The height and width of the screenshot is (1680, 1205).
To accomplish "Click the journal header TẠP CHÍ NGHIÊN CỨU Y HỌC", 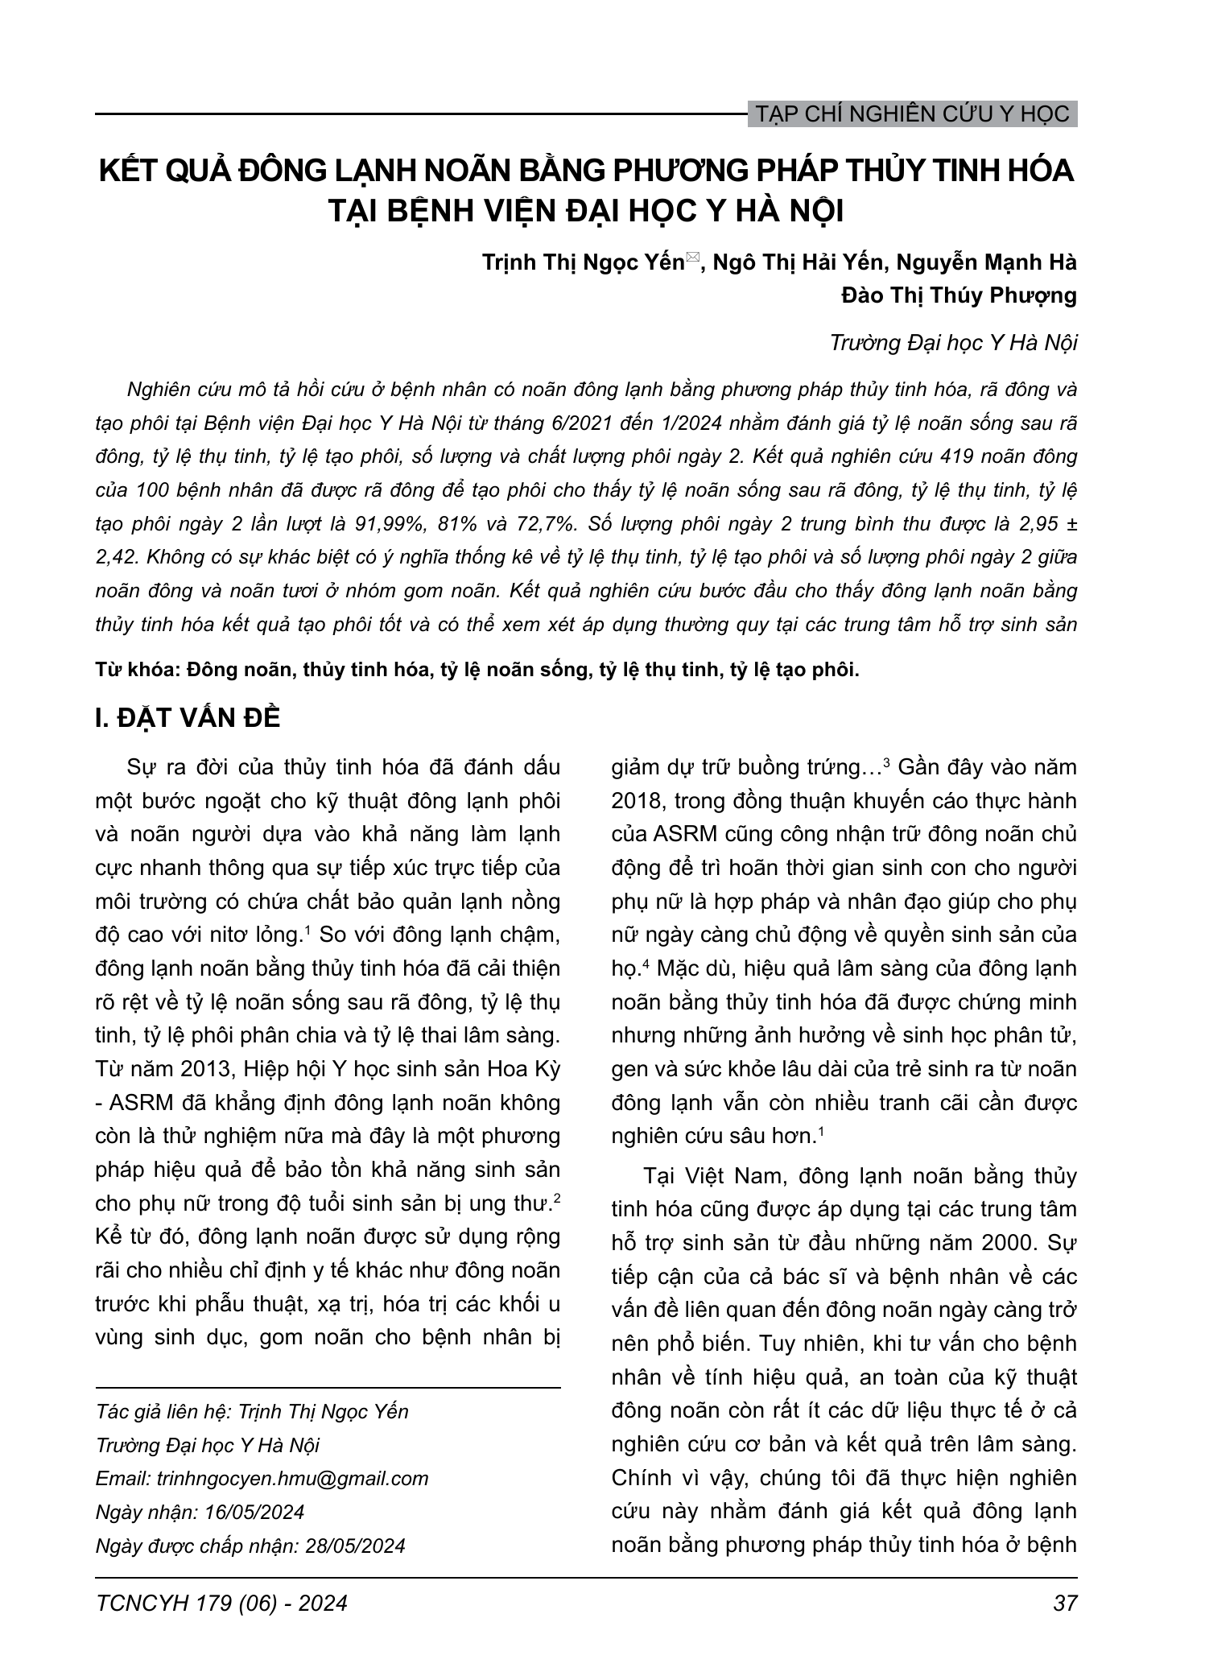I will [x=912, y=114].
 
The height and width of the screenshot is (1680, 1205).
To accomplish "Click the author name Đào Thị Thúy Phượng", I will [x=959, y=296].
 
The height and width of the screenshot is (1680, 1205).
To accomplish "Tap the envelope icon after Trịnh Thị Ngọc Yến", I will [x=693, y=259].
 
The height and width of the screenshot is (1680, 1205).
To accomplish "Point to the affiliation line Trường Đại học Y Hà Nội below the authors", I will [x=953, y=343].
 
